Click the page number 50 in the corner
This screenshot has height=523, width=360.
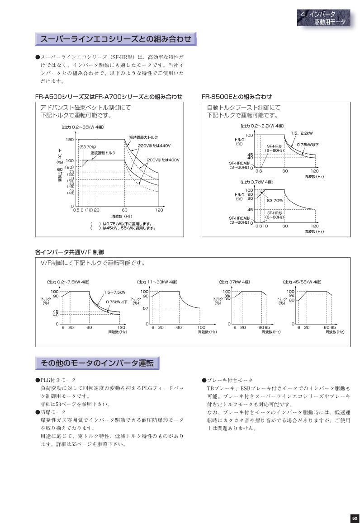click(x=354, y=518)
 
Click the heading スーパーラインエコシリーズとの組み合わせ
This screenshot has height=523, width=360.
click(x=116, y=39)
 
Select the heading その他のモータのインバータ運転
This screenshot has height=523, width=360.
click(x=97, y=363)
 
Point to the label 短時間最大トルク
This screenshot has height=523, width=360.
click(x=143, y=137)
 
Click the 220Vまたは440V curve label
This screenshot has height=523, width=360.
click(x=154, y=145)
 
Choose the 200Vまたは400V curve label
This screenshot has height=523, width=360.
click(x=163, y=160)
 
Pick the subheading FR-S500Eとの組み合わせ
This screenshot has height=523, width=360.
click(x=237, y=97)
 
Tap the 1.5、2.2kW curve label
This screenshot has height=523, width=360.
click(x=302, y=133)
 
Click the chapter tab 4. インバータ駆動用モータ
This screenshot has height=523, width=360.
click(x=324, y=19)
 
